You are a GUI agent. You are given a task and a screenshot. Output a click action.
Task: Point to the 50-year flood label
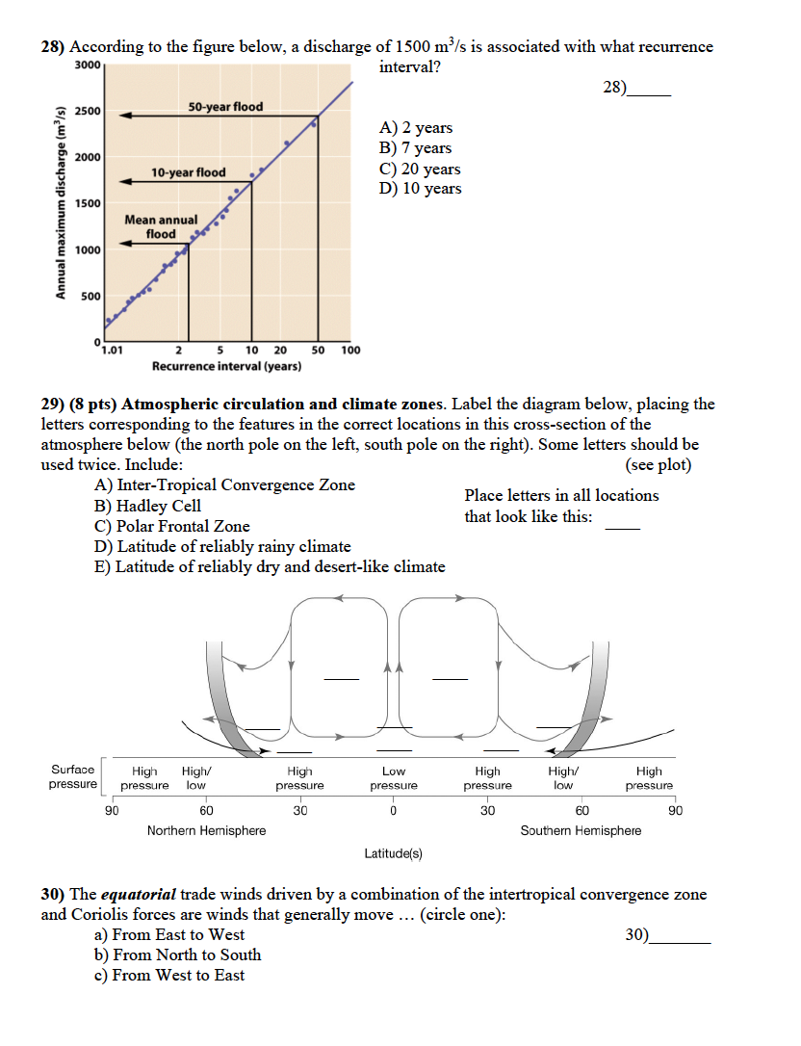[x=224, y=106]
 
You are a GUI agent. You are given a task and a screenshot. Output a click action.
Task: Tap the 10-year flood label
[x=189, y=172]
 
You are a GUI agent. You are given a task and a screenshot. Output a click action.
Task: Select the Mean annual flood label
[x=161, y=226]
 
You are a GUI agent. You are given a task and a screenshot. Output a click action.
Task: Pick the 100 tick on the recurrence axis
[x=350, y=351]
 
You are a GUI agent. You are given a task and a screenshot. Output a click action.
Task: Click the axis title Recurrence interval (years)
[x=226, y=366]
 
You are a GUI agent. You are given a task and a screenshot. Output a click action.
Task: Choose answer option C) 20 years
[x=421, y=169]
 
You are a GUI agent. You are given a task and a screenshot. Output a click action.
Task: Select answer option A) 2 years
[x=416, y=128]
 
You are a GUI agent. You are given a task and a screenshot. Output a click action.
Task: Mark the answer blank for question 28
[x=648, y=90]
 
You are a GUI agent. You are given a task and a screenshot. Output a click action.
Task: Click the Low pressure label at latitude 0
[x=394, y=778]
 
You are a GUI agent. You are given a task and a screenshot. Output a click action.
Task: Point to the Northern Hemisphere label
[x=206, y=830]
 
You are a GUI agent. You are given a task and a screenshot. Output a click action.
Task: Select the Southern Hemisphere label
[x=581, y=830]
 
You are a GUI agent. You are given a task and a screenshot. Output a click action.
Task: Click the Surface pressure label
[x=72, y=776]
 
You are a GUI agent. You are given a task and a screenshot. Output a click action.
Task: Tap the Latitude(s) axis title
[x=393, y=852]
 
